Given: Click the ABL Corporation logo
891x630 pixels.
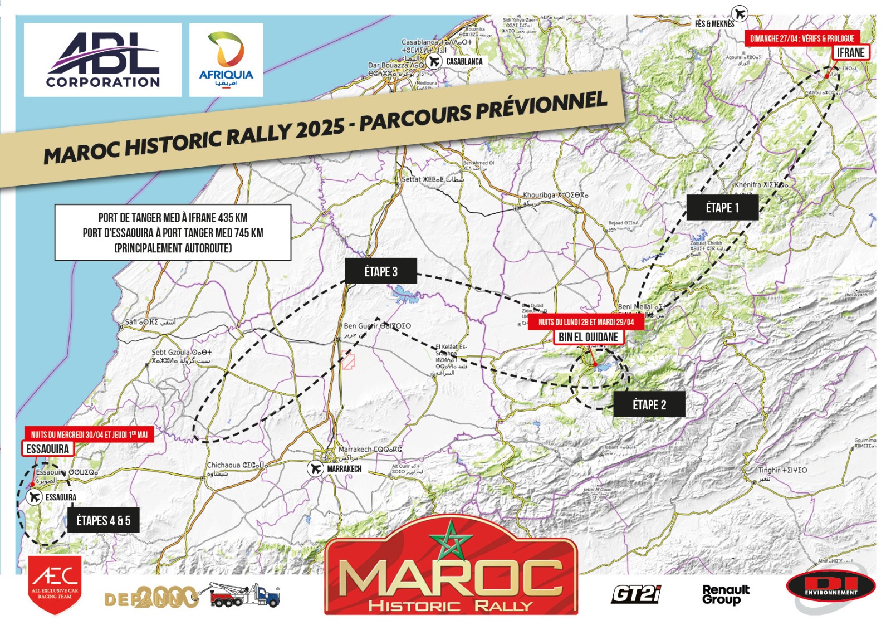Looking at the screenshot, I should click(102, 60).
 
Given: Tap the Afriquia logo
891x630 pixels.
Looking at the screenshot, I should click(226, 60).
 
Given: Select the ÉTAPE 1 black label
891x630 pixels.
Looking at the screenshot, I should click(722, 208).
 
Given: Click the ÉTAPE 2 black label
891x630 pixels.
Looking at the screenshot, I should click(649, 405).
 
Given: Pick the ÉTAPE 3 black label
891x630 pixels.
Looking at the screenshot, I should click(381, 272).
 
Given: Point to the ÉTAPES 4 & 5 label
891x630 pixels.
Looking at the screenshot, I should click(103, 521).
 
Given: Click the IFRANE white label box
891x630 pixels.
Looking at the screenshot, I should click(850, 53).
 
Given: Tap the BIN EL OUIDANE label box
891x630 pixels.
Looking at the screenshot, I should click(588, 337).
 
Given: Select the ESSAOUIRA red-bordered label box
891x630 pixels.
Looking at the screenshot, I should click(48, 449).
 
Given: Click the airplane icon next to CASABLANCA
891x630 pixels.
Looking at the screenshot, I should click(434, 61).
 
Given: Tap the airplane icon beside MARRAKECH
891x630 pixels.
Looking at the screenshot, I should click(315, 468).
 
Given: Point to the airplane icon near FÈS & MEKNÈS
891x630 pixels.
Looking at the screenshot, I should click(740, 13).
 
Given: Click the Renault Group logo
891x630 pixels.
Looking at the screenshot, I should click(726, 594).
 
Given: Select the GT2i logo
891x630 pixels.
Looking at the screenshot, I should click(636, 594).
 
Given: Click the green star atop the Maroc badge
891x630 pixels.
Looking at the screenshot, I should click(451, 539).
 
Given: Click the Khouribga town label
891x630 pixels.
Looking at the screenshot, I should click(555, 196).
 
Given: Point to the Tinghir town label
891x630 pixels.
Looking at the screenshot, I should click(782, 471).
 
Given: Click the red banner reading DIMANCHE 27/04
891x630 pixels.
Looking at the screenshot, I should click(802, 38).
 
